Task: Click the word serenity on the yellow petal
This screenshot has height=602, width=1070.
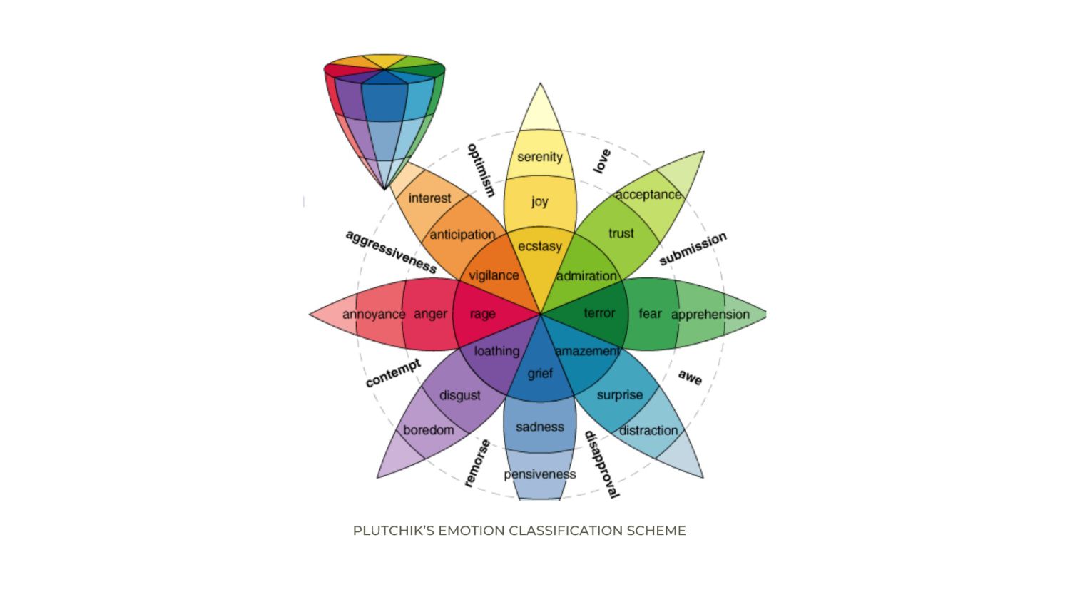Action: tap(540, 157)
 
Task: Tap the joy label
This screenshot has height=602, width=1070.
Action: tap(540, 202)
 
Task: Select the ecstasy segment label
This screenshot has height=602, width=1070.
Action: tap(540, 247)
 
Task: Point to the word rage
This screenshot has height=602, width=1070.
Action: tap(482, 315)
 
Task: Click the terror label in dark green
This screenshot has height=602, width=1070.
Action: tap(599, 313)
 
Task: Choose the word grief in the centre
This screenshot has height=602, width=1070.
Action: tap(540, 374)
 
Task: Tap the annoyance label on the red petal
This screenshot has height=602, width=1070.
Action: tap(374, 315)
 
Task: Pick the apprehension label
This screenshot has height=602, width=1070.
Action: tap(710, 315)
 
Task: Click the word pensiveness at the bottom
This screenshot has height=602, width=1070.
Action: tap(540, 474)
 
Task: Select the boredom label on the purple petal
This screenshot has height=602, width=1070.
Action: tap(429, 430)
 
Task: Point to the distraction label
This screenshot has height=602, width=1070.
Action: tap(648, 431)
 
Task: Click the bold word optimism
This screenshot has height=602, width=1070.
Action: tap(481, 170)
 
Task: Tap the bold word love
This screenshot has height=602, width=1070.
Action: tap(602, 161)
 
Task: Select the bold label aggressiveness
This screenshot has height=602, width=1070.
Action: tap(391, 252)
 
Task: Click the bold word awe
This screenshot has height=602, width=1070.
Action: tap(691, 377)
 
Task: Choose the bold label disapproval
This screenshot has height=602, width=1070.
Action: tap(602, 465)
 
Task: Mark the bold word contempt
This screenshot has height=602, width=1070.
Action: tap(393, 372)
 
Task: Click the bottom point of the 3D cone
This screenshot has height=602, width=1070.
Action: tap(385, 189)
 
